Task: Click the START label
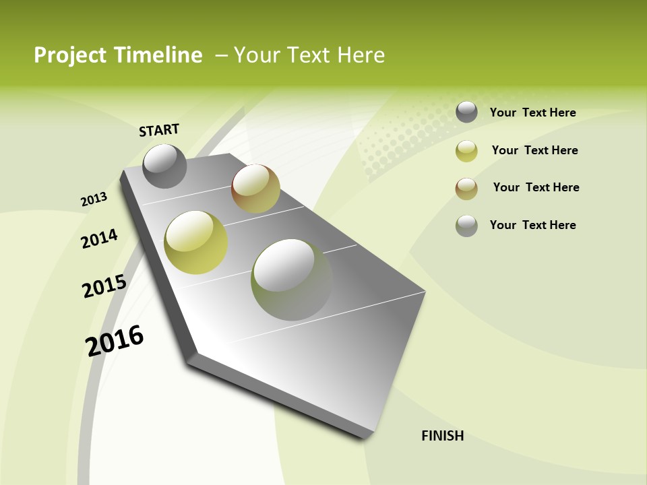(159, 130)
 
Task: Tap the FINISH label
(443, 436)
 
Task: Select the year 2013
(94, 199)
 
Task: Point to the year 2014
(99, 239)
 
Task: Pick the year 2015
(104, 286)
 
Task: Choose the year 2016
(115, 341)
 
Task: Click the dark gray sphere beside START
(164, 166)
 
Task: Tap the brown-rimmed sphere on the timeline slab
(255, 189)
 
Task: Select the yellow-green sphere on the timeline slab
(195, 243)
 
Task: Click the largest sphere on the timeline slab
(291, 279)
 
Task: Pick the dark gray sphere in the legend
(466, 112)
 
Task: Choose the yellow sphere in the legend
(466, 151)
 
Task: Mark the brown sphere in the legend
(466, 189)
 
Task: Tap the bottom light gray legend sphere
(466, 226)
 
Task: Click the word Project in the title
(70, 55)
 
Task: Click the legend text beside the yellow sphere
(534, 150)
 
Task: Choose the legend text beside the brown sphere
(536, 187)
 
